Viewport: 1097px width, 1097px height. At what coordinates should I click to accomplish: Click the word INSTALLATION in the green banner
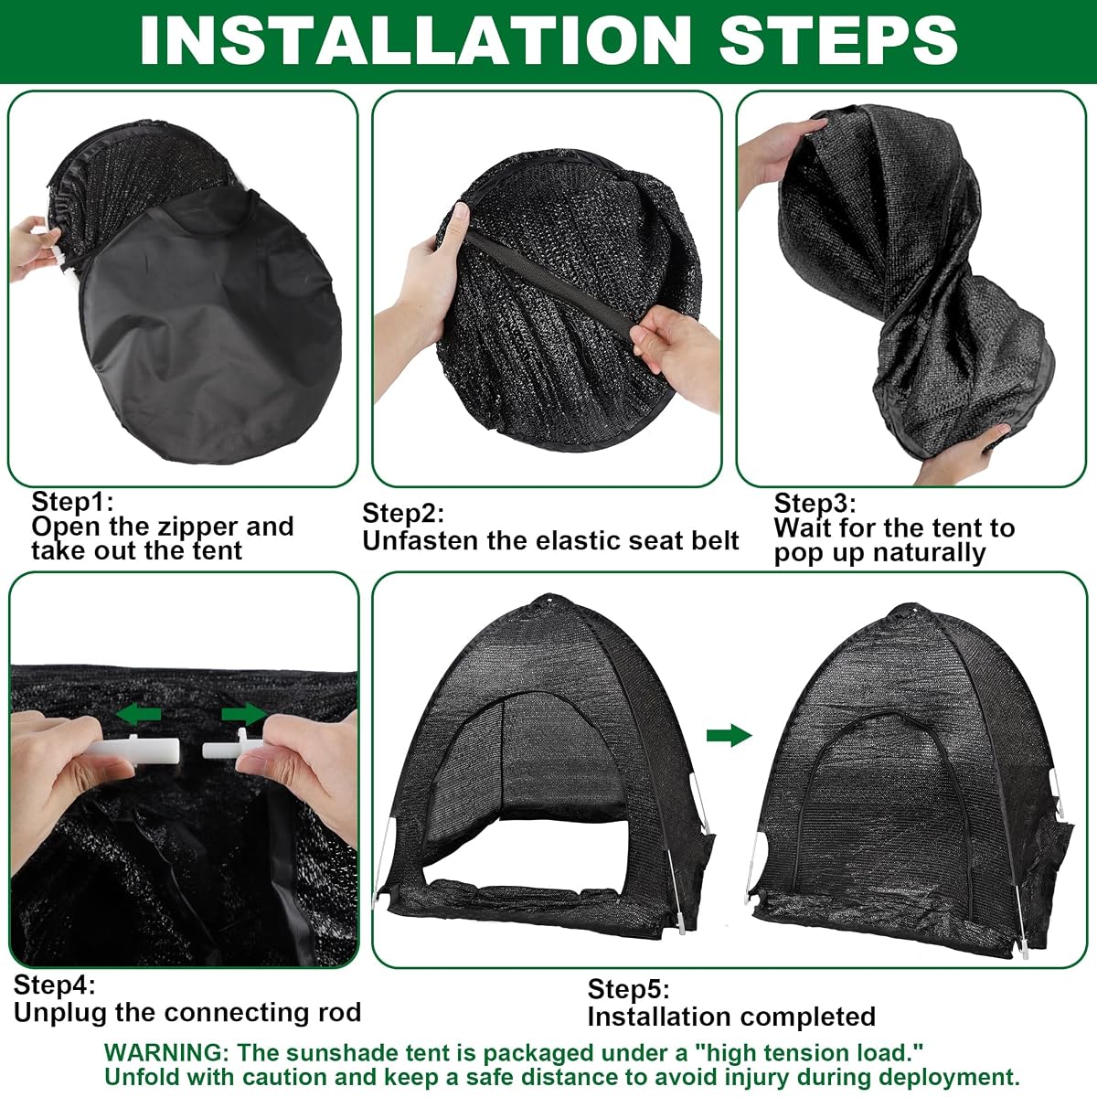[416, 40]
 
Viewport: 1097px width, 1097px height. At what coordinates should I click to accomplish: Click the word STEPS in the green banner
[838, 40]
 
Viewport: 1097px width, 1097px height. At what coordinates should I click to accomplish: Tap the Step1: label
[72, 502]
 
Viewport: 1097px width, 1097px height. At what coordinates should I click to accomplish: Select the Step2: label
[403, 513]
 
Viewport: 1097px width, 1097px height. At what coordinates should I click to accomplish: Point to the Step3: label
[815, 503]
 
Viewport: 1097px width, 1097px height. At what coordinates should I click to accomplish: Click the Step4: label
[55, 985]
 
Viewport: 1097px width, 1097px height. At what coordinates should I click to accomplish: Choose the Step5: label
[628, 989]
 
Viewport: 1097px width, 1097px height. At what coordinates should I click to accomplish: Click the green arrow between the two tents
[730, 735]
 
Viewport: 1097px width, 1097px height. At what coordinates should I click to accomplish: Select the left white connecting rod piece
[136, 749]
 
